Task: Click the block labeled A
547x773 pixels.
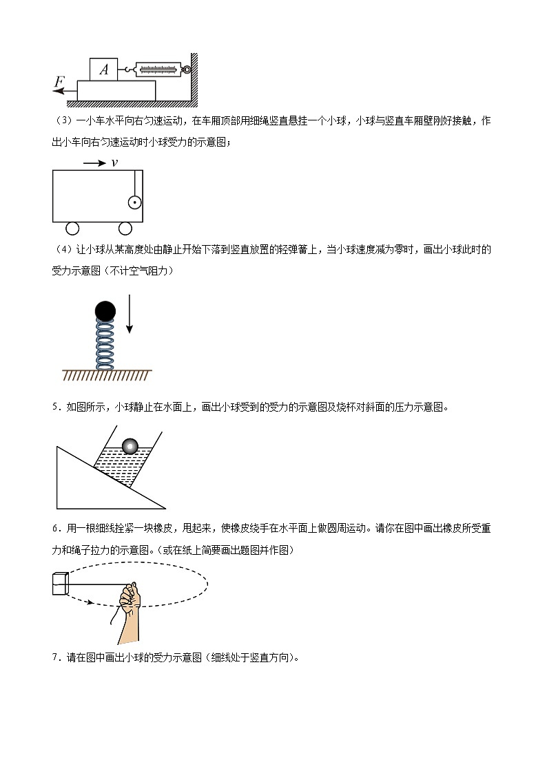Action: coord(103,69)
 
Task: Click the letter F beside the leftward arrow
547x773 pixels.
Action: coord(59,81)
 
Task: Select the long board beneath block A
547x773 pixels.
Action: coord(116,91)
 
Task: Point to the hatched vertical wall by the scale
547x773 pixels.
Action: coord(194,78)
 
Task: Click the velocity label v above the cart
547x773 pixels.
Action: coord(114,162)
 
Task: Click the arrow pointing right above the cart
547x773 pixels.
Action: coord(94,163)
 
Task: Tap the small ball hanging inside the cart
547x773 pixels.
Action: coord(134,202)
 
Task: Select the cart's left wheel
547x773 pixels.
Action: coord(72,229)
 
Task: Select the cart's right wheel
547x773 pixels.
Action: coord(125,229)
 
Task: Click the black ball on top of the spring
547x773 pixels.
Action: coord(105,311)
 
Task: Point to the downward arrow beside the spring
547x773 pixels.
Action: coord(130,314)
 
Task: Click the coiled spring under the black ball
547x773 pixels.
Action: coord(105,345)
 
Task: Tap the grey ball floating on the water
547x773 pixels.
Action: coord(130,446)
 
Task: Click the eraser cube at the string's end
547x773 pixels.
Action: coord(60,583)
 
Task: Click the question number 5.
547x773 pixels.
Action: coord(56,407)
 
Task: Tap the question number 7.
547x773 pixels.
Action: coord(56,657)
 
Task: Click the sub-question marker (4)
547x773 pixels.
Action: coord(63,249)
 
